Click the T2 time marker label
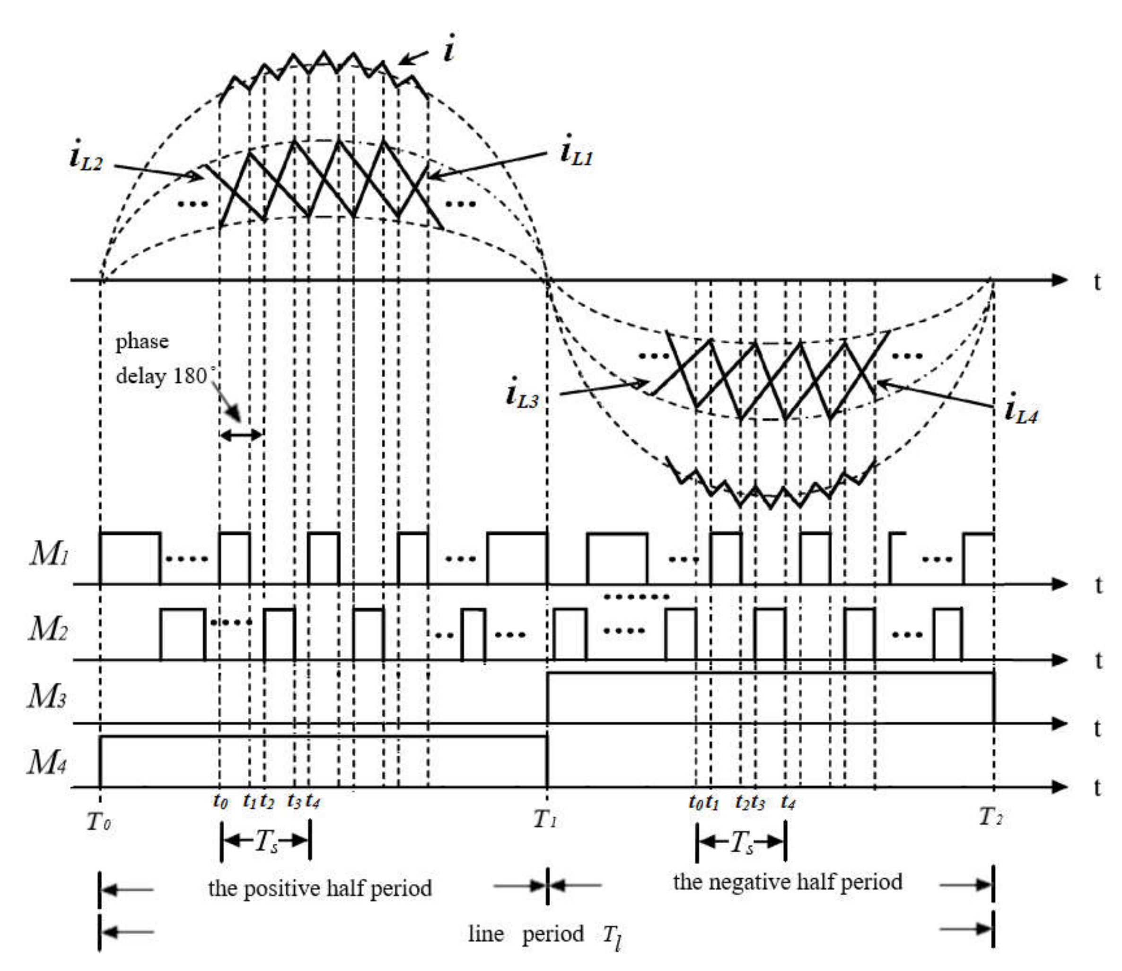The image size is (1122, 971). click(991, 816)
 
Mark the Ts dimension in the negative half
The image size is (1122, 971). click(741, 843)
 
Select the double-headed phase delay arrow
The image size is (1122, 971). click(242, 434)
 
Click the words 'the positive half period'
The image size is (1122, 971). click(319, 889)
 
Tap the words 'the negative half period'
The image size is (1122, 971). click(788, 882)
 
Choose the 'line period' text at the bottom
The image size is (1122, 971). click(525, 934)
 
